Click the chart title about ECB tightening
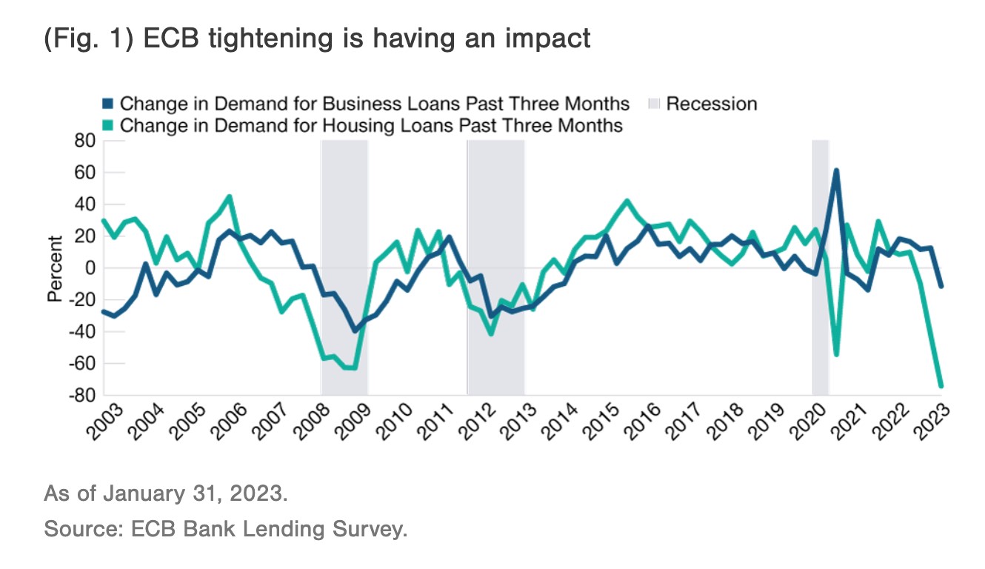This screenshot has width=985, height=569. click(x=317, y=37)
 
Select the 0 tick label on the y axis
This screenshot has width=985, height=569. click(x=89, y=268)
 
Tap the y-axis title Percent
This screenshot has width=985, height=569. click(x=54, y=268)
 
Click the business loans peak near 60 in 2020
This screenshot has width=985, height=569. click(x=836, y=170)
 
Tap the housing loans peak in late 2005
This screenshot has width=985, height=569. click(x=230, y=196)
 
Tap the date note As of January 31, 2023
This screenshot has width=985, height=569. click(x=165, y=493)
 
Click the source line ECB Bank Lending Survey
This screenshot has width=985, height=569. click(x=226, y=530)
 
